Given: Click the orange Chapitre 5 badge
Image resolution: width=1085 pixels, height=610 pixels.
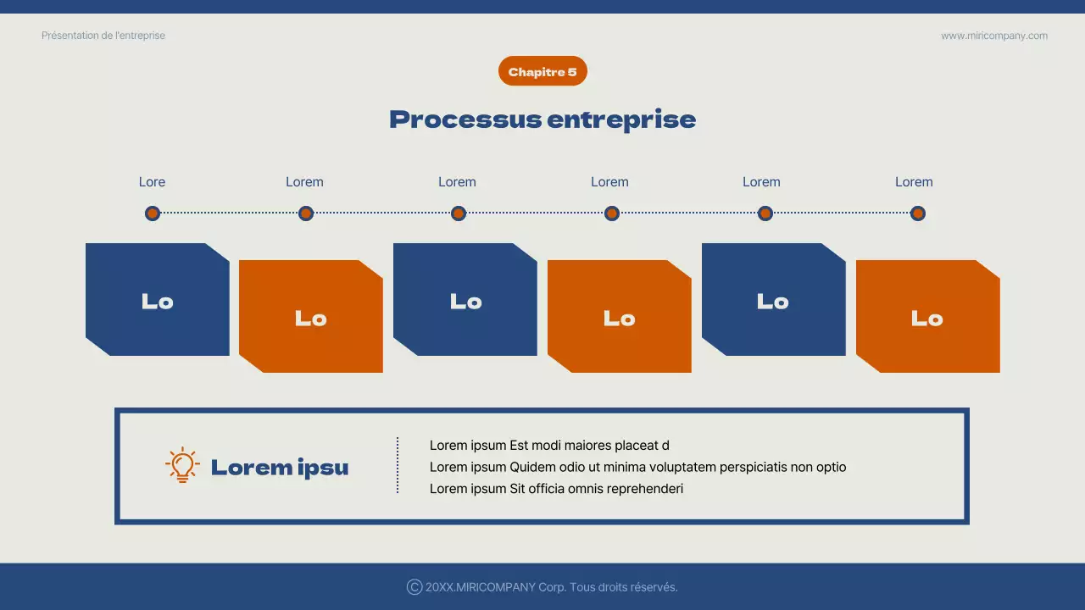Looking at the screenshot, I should pos(542,72).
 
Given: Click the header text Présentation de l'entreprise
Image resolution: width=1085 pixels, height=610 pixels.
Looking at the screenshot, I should pos(103,36).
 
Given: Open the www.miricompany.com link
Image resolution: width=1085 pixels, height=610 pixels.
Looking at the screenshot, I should pos(993,36).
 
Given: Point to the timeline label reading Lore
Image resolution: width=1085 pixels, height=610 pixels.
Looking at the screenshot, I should pos(152,182).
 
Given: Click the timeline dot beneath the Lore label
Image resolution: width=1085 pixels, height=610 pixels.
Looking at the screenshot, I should pos(153,213).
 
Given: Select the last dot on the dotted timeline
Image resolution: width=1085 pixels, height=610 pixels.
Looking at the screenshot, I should pos(917,213).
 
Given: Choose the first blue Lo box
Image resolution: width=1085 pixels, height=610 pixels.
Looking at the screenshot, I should pos(158,300).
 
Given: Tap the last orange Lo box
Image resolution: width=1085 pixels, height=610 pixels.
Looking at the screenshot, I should pos(927,317).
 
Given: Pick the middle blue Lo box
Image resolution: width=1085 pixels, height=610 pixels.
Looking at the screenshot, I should pos(465,300).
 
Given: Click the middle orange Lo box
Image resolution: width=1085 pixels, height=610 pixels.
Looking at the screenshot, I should pos(620,317).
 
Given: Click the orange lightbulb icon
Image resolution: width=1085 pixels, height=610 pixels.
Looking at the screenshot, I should pos(182,466).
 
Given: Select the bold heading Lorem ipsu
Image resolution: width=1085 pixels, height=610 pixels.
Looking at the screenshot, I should pos(280,467).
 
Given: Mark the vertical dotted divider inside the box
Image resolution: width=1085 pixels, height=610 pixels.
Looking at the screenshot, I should pos(398,465).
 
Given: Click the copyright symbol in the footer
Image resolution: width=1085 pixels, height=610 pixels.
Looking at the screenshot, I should pos(415,587).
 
